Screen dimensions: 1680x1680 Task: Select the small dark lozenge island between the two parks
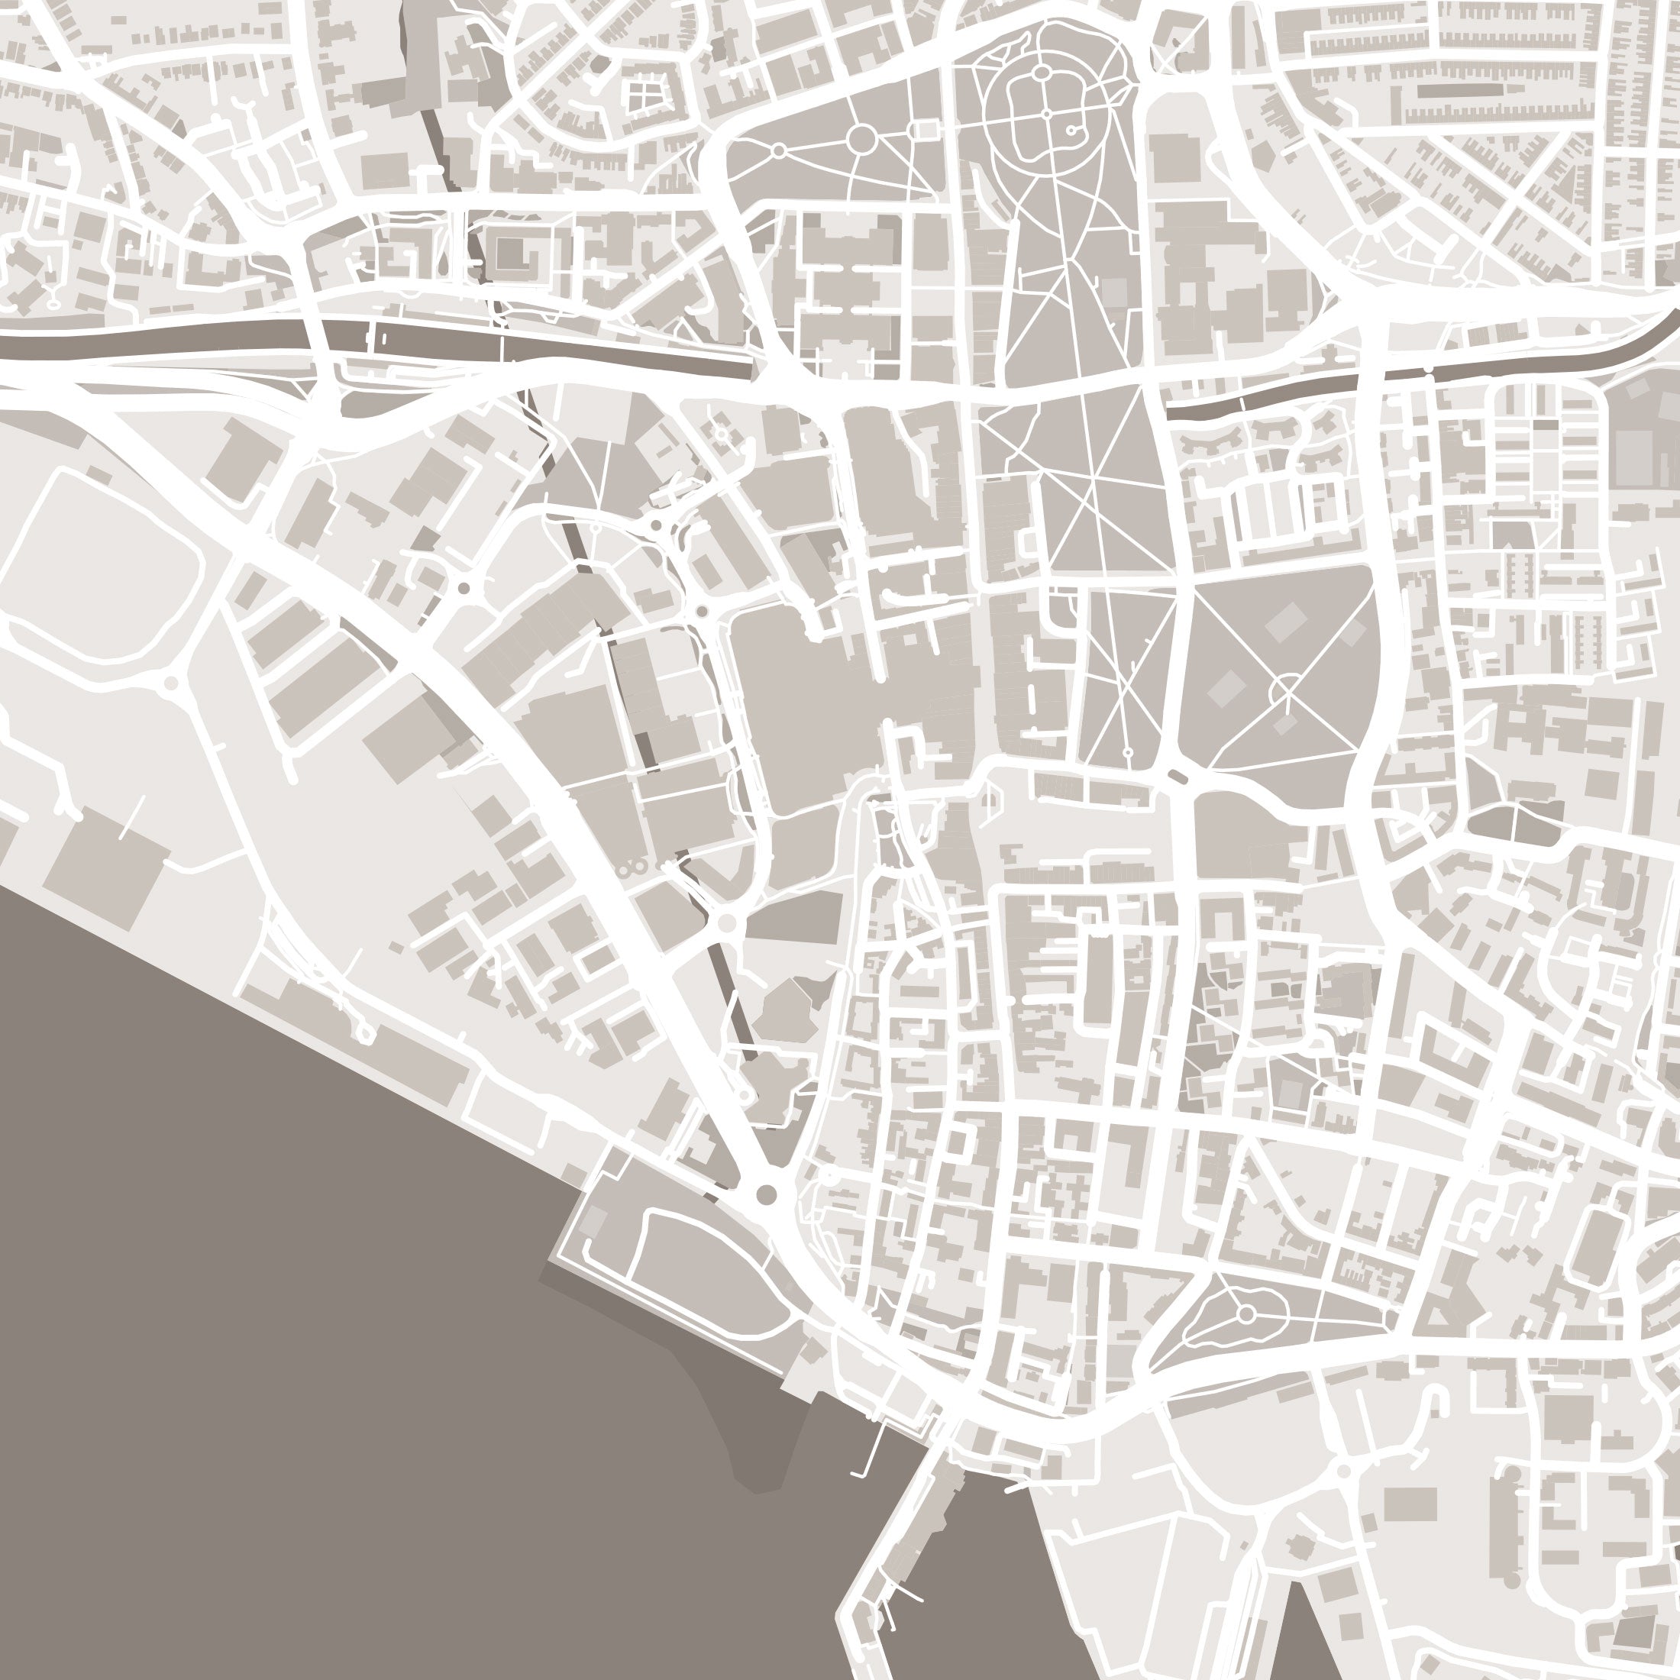(x=1178, y=777)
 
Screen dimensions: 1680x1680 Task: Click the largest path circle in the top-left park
(x=861, y=138)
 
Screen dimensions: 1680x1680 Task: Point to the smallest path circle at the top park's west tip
(x=779, y=150)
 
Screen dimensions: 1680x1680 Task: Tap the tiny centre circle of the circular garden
(x=1048, y=114)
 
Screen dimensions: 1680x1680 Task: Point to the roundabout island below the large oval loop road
(x=171, y=683)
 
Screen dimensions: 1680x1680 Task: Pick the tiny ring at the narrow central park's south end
(x=1128, y=752)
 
